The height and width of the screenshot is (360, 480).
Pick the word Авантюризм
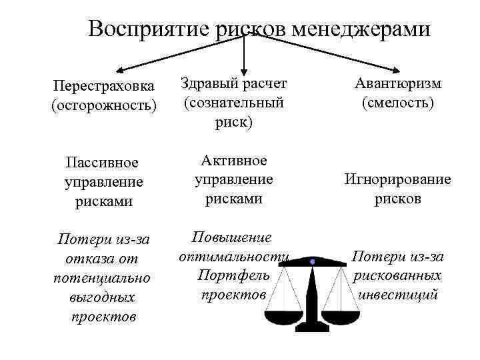pos(398,84)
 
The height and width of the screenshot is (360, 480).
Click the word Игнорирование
pos(397,179)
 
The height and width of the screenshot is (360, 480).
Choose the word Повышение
pos(232,238)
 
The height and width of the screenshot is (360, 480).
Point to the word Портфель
pos(233,275)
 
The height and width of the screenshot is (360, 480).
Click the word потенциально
pos(102,277)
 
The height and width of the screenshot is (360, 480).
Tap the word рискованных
pos(398,275)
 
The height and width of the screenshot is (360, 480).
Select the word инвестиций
pos(398,294)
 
